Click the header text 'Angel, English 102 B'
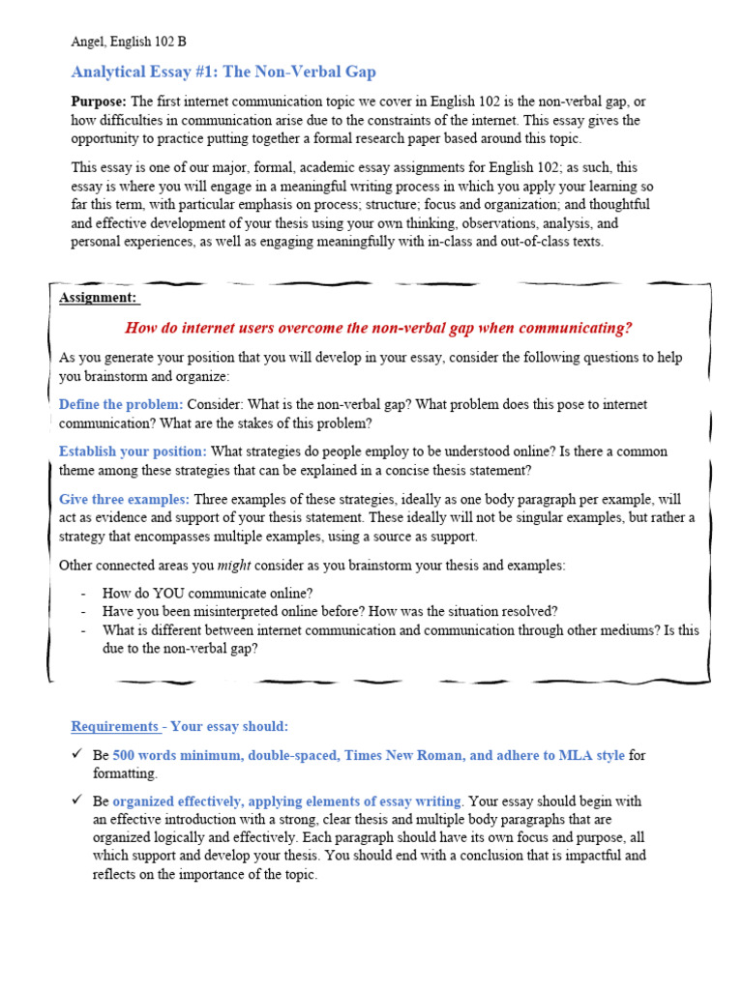coord(129,42)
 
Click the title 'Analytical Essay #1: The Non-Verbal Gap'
coord(223,73)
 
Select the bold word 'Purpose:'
coord(99,102)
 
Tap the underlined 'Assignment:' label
coord(98,298)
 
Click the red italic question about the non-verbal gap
coord(378,328)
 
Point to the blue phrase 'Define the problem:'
coord(121,404)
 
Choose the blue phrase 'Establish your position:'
coord(133,451)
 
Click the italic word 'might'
coord(233,565)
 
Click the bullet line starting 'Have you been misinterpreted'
coord(330,611)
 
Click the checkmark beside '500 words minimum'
coord(77,754)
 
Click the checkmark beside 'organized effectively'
coord(77,801)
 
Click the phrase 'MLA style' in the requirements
coord(591,755)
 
